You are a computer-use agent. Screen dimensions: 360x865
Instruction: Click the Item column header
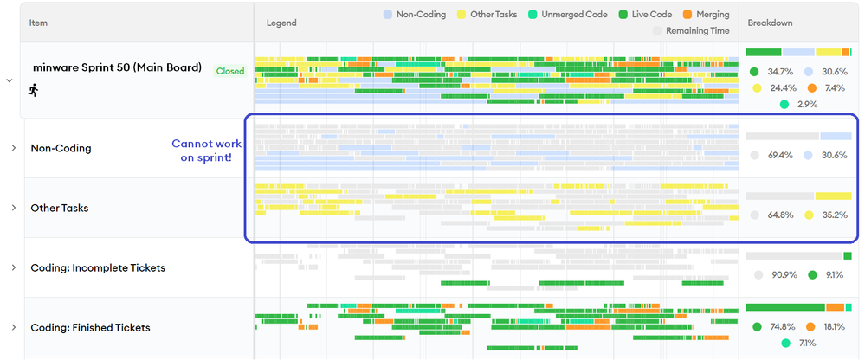(38, 22)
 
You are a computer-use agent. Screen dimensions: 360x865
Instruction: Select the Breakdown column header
(770, 22)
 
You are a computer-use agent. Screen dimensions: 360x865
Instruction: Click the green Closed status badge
(229, 71)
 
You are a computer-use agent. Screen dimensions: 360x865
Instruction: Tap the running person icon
(34, 89)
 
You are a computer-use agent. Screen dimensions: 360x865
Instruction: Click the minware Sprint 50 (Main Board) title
(116, 67)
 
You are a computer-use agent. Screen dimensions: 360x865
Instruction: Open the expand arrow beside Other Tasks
(14, 208)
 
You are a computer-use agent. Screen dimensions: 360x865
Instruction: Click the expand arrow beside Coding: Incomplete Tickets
(14, 267)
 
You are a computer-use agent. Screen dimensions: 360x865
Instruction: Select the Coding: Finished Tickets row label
(90, 327)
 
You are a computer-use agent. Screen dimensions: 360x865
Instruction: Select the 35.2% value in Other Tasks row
(834, 215)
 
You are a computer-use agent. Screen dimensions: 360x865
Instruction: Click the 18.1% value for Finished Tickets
(834, 326)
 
